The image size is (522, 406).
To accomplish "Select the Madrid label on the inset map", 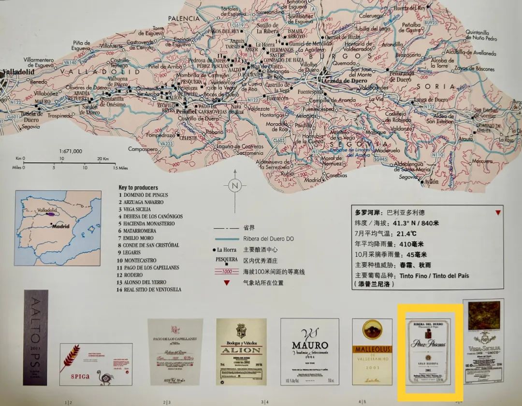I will click(x=60, y=226).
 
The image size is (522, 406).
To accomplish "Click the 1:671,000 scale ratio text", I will click(x=70, y=151).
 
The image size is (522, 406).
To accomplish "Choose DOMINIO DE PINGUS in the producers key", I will click(x=147, y=195).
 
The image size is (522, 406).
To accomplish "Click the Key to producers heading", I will click(x=138, y=188).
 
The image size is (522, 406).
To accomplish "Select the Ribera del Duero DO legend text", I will click(x=269, y=239).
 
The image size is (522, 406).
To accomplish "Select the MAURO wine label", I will click(x=309, y=351).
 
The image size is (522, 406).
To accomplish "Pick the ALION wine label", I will click(x=241, y=351).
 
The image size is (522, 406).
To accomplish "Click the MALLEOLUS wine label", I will click(x=372, y=352).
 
